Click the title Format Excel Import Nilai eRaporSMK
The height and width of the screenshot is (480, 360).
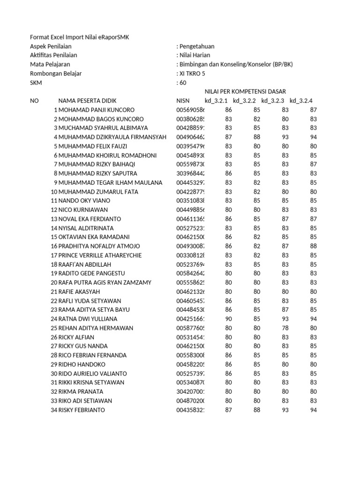79,37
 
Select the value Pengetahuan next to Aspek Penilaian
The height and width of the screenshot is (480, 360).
197,46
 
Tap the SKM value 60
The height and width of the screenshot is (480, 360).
182,82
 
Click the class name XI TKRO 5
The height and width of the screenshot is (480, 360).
192,74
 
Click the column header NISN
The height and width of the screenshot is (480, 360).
183,101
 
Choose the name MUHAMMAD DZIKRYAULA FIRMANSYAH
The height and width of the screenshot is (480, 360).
112,137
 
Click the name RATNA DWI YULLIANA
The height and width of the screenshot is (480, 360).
88,319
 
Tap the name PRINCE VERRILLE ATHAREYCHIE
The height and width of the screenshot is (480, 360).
100,255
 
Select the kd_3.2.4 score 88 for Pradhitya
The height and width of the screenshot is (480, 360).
314,246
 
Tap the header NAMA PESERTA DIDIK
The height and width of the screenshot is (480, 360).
87,101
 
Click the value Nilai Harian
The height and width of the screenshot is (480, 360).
195,55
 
